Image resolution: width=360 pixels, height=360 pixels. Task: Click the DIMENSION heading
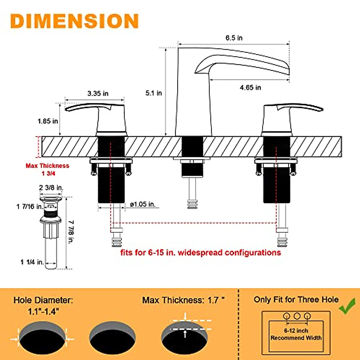coord(74,21)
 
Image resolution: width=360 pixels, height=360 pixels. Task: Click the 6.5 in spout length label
coord(234,38)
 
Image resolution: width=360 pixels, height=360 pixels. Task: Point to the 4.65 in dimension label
coord(250,88)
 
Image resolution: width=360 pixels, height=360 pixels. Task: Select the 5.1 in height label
coord(154,93)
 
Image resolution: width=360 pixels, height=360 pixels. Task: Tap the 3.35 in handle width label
coord(98,94)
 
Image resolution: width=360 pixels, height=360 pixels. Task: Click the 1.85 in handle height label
coord(48,121)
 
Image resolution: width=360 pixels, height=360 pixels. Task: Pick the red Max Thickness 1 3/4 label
coord(47,169)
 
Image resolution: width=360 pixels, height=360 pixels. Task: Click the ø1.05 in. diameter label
coord(143,205)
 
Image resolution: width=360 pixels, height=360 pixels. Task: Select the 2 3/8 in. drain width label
coord(51,188)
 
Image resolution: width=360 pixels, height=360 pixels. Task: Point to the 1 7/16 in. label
coord(29,207)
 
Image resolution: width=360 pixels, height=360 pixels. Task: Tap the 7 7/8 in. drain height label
coord(71,232)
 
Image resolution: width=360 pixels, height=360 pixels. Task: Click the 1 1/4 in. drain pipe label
coord(32,262)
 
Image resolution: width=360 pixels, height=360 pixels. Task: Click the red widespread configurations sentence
coord(200,253)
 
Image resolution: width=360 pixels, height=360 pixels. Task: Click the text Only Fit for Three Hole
coord(296,300)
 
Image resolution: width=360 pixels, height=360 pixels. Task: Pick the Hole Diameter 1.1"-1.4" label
coord(43,306)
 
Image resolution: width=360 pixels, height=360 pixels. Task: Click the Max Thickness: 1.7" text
coord(183,300)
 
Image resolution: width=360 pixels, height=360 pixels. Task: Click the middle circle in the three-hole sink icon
coord(297,316)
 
